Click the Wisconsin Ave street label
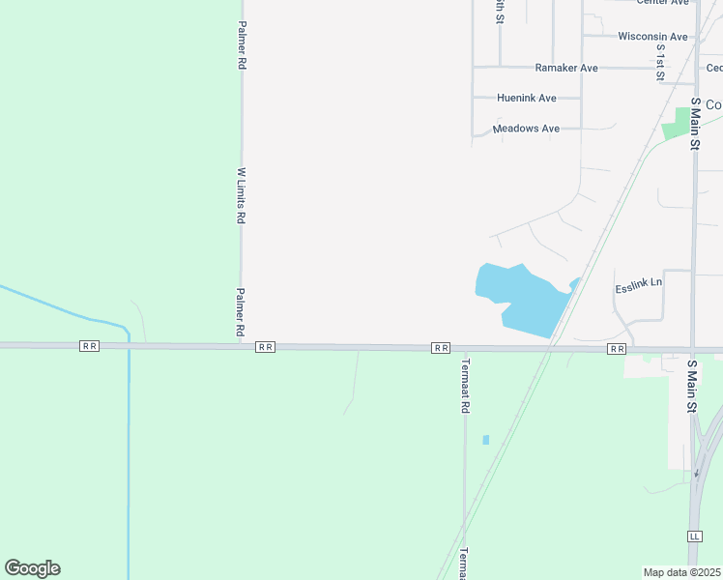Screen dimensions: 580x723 (653, 37)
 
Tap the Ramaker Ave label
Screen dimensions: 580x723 (566, 68)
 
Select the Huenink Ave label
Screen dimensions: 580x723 (527, 98)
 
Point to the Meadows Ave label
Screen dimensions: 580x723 (526, 129)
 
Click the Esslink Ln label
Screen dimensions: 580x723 (639, 284)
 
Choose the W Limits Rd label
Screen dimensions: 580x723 (242, 196)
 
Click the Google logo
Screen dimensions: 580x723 (32, 568)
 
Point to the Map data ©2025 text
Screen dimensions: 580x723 (682, 572)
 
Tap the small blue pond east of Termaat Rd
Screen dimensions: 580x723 (485, 440)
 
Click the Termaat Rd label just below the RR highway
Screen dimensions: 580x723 (465, 387)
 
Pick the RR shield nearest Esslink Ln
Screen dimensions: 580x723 (617, 348)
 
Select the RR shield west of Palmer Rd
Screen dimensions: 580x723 (89, 345)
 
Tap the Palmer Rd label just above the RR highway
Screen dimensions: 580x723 (241, 311)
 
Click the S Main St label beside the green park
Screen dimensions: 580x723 (694, 124)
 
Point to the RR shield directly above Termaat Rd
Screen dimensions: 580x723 (441, 347)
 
